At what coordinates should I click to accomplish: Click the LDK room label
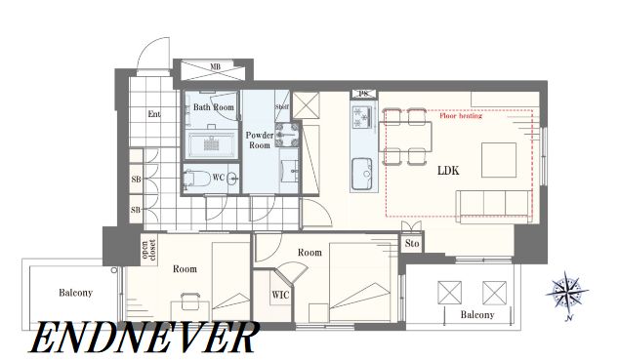click(x=448, y=171)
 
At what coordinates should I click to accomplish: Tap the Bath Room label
click(x=214, y=107)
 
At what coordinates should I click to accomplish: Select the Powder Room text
click(x=260, y=140)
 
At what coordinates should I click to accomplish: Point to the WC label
click(x=219, y=178)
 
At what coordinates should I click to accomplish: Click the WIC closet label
click(x=280, y=295)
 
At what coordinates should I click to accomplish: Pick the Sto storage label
click(x=412, y=243)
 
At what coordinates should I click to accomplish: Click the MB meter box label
click(x=215, y=66)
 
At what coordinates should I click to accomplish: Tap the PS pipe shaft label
click(x=363, y=94)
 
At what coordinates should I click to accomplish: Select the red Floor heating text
click(x=461, y=116)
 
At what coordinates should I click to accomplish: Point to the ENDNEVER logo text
click(x=144, y=337)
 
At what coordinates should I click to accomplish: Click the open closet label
click(x=148, y=250)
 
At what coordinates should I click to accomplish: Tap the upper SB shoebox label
click(x=136, y=180)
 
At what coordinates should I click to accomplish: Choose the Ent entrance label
click(x=154, y=114)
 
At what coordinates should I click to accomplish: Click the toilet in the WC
click(x=196, y=179)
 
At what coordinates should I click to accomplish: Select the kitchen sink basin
click(x=361, y=174)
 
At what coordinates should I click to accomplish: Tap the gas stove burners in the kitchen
click(x=361, y=117)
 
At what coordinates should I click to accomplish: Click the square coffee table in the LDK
click(x=499, y=160)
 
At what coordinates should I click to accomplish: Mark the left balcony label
click(x=75, y=293)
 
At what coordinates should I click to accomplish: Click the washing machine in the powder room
click(x=287, y=134)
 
